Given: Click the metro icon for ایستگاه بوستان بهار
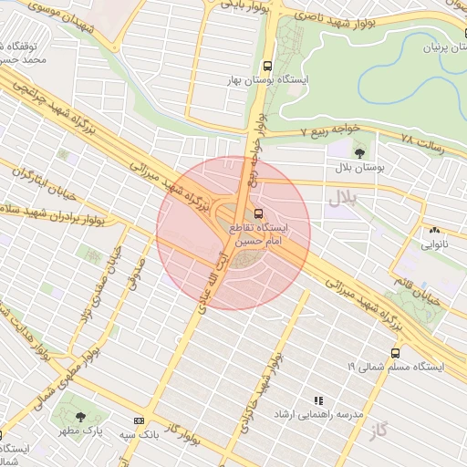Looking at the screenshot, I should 267,67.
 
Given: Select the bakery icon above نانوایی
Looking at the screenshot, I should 434,231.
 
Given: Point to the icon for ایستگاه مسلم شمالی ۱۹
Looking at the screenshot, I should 395,352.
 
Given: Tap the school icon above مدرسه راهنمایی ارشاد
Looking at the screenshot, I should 318,400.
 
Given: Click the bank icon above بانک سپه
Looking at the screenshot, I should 139,420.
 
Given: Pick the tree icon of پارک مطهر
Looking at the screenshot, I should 81,416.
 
